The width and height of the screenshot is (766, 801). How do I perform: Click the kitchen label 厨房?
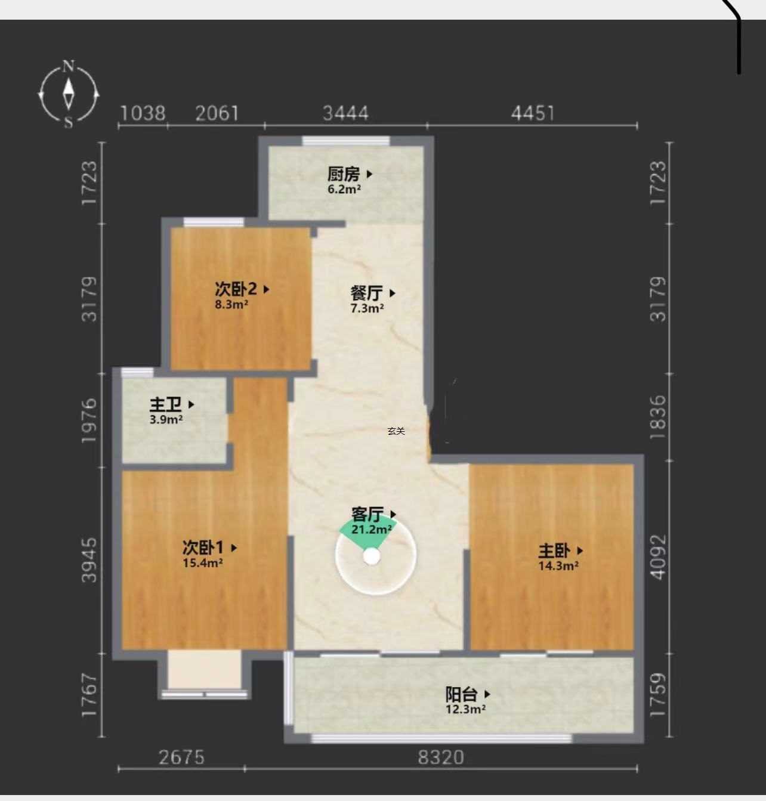(x=343, y=174)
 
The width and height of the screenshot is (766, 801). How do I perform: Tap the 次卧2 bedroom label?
(x=236, y=289)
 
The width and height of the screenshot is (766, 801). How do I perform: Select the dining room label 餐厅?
(x=366, y=293)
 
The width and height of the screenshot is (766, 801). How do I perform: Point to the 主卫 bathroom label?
(x=165, y=404)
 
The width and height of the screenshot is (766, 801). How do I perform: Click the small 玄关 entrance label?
(x=396, y=431)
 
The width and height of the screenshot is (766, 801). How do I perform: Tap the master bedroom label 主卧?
(x=554, y=551)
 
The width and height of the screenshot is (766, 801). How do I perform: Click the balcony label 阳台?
(x=461, y=694)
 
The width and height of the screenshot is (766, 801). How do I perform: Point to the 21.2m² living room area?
(x=371, y=530)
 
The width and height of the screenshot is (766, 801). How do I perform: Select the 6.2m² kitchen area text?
(x=344, y=189)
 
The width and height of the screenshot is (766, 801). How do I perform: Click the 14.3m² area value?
(x=558, y=566)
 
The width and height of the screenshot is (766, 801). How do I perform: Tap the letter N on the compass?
(x=69, y=66)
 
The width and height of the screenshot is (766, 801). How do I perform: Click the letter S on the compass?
(x=69, y=122)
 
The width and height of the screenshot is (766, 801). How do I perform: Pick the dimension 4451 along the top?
(x=533, y=113)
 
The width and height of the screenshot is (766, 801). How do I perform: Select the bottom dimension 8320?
(x=441, y=757)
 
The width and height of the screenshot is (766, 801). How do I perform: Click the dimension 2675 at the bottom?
(x=181, y=757)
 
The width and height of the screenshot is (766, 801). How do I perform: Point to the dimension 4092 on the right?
(x=658, y=557)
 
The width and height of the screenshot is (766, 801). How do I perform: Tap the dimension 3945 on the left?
(x=89, y=560)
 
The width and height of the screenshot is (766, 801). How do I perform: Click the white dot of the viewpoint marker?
(x=372, y=557)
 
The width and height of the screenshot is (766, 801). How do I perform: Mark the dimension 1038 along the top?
(x=143, y=113)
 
